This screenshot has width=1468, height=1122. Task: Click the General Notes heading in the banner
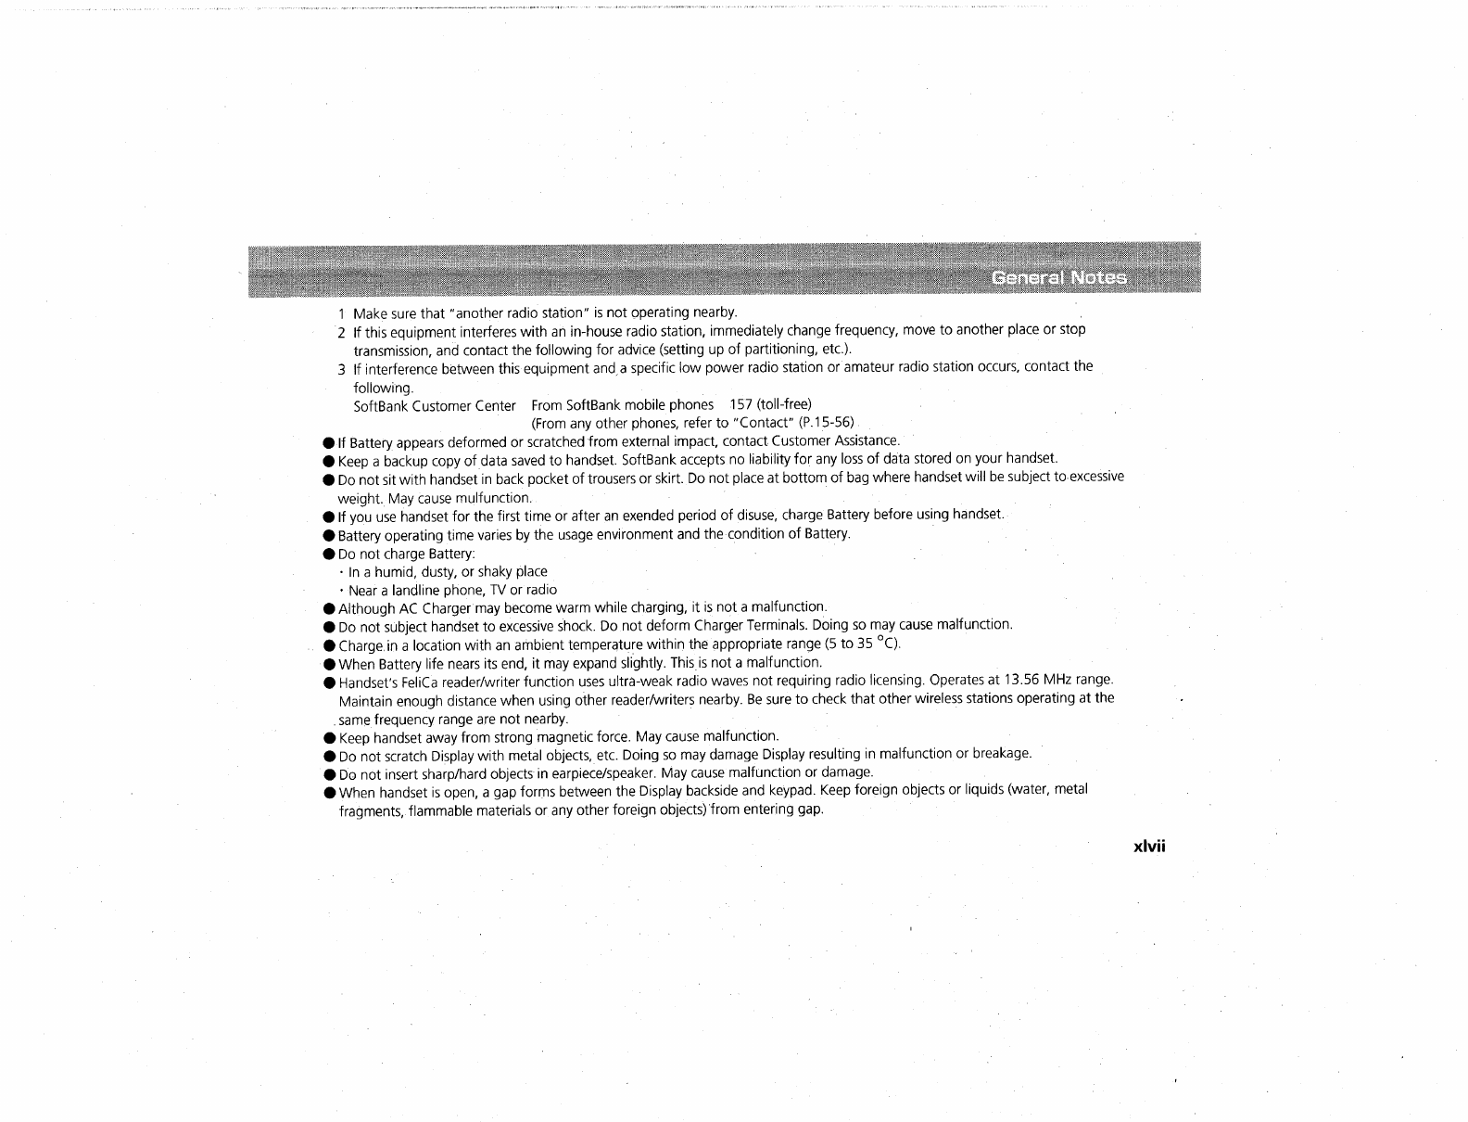pyautogui.click(x=1059, y=278)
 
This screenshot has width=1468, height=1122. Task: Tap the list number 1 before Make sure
pyautogui.click(x=342, y=312)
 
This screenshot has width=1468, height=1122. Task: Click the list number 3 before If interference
pyautogui.click(x=342, y=367)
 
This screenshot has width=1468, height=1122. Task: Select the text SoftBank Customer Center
pyautogui.click(x=435, y=405)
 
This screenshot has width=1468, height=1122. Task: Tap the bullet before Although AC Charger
pyautogui.click(x=329, y=608)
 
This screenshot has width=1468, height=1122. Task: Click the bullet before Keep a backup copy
pyautogui.click(x=329, y=460)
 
